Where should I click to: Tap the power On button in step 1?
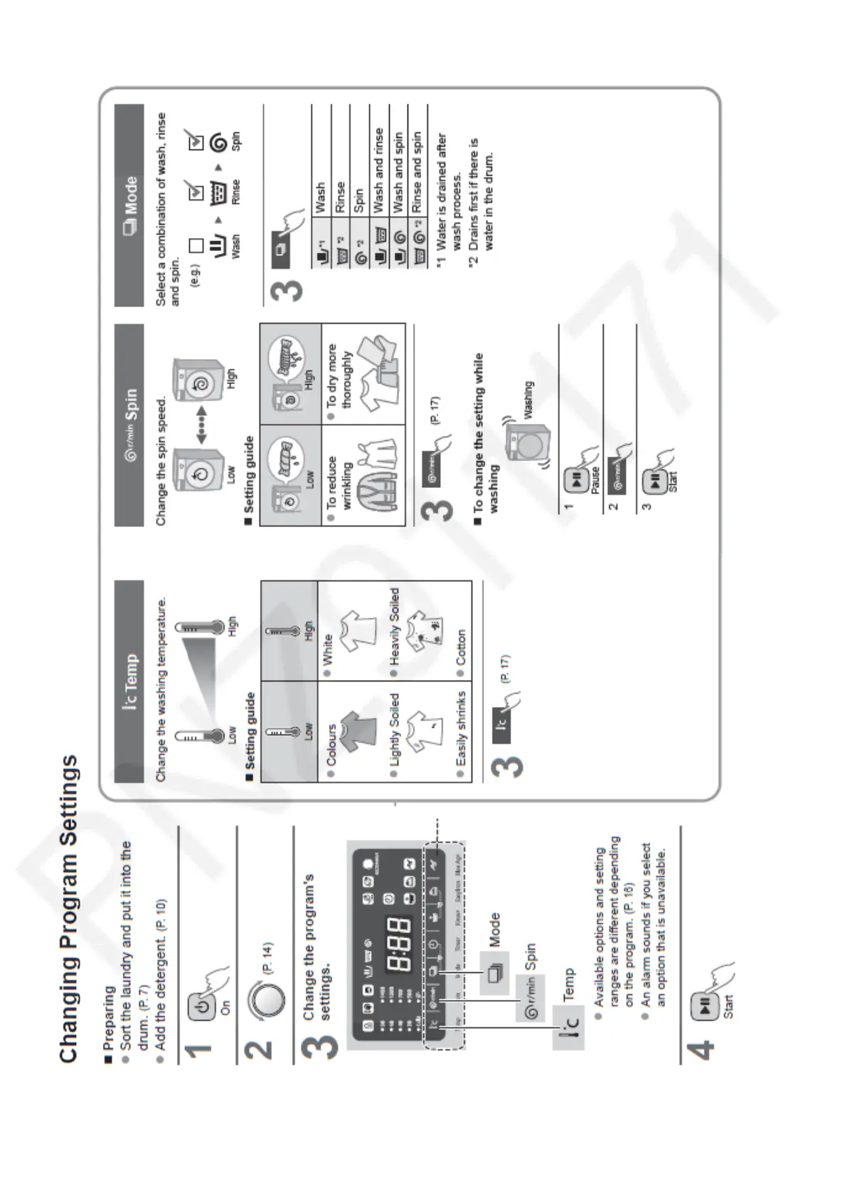click(203, 1007)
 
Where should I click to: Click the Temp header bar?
click(129, 682)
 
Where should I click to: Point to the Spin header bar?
click(129, 425)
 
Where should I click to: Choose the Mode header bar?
click(129, 206)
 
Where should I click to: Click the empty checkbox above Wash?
click(196, 245)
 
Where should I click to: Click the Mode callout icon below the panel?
click(494, 972)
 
